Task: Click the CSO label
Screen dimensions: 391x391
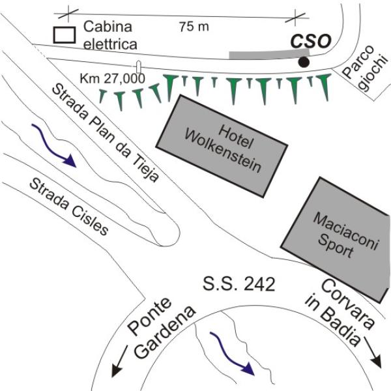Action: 310,41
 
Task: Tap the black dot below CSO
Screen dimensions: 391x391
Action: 304,62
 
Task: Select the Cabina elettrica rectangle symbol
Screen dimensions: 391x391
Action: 64,34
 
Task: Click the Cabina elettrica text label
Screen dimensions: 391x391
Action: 109,36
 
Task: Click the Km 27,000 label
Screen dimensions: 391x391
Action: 111,78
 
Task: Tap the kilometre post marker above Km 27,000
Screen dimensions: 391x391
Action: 139,66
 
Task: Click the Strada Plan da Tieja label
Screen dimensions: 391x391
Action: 105,133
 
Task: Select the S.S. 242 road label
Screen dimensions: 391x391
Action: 239,284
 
